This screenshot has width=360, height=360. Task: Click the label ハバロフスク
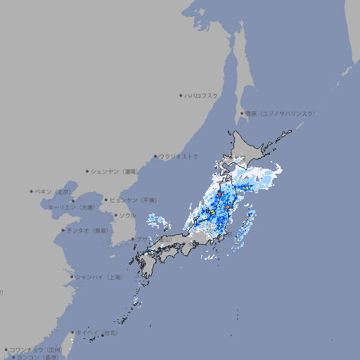pos(202,95)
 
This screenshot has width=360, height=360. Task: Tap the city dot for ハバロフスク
pos(181,95)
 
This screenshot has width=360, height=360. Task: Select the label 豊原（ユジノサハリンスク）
pos(281,113)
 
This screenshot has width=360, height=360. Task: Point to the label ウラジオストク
pos(179,156)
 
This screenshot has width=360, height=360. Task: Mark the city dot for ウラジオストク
pos(155,156)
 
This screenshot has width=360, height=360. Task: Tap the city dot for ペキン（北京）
pos(32,191)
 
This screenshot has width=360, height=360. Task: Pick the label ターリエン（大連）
pos(71,207)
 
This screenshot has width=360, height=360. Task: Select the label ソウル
pos(127,215)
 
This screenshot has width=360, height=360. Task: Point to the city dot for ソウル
pos(115,215)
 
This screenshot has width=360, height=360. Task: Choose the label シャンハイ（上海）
pos(98,277)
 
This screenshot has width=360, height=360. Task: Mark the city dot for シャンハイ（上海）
pos(72,277)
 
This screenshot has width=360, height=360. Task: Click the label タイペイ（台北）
pos(97,332)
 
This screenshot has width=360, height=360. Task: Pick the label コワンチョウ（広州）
pos(36,349)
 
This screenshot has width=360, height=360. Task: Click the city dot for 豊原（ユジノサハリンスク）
pos(242,113)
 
